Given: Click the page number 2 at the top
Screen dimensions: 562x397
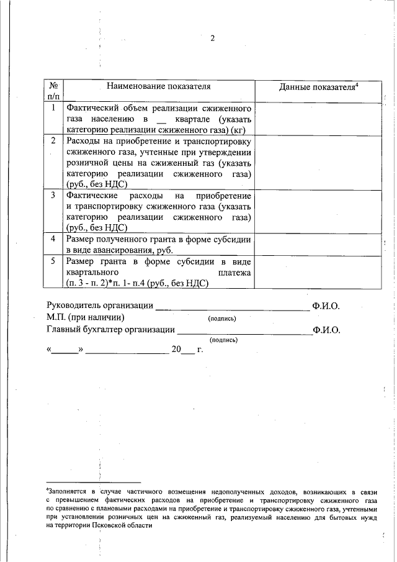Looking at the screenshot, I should pyautogui.click(x=212, y=39).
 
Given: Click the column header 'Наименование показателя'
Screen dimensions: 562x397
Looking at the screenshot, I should pyautogui.click(x=158, y=86).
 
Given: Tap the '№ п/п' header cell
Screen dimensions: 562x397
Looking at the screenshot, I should pyautogui.click(x=53, y=91).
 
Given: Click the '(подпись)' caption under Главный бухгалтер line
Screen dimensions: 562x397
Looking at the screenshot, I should pyautogui.click(x=225, y=340).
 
